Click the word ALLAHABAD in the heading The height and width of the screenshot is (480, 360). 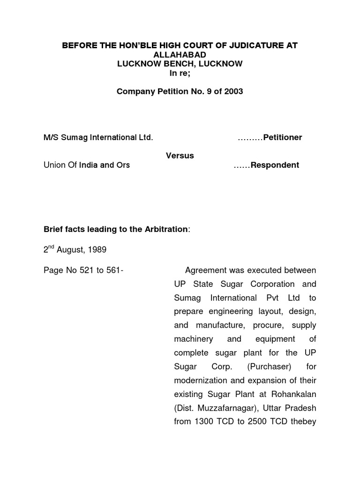[x=180, y=54]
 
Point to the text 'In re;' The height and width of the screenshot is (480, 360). [x=180, y=73]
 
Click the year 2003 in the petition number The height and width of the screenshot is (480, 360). [x=232, y=91]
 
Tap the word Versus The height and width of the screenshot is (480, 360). [x=180, y=156]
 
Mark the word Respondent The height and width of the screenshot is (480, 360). [x=275, y=165]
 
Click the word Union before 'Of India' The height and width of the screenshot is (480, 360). [x=54, y=165]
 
